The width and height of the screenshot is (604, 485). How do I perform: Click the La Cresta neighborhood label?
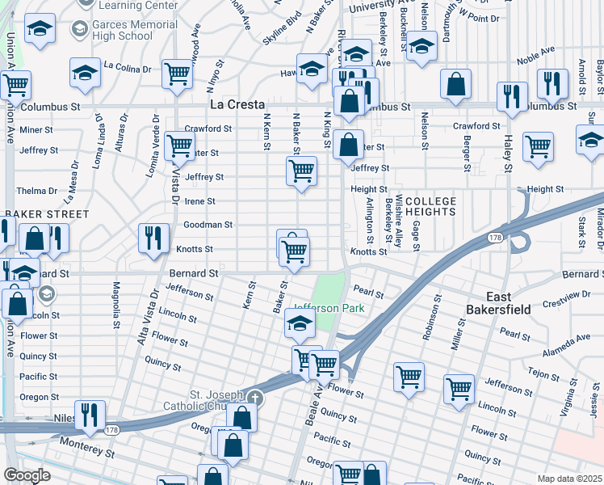(237, 105)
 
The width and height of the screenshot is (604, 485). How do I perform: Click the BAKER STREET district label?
(47, 214)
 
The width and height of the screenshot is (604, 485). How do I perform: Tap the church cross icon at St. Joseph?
(255, 397)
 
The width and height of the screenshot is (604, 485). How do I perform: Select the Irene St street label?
(200, 201)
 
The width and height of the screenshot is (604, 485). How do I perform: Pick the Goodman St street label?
(208, 225)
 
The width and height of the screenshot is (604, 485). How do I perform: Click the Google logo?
(27, 475)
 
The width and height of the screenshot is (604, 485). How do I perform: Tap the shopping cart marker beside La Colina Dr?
(178, 74)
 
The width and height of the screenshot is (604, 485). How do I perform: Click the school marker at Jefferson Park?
(299, 324)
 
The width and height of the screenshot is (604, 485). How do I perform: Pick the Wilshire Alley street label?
(399, 223)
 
